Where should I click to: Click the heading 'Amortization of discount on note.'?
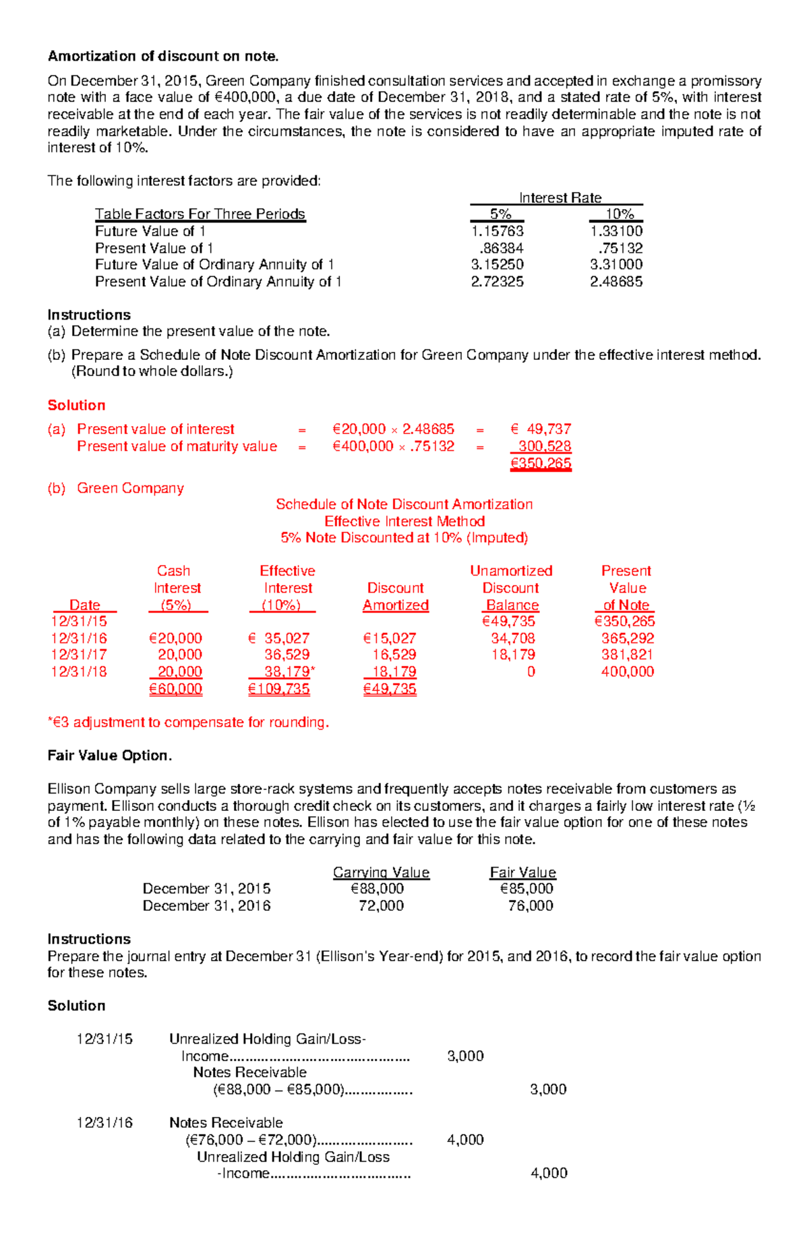pos(162,56)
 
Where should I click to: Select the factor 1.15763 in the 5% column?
pos(497,231)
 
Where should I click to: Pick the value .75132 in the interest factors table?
pos(620,248)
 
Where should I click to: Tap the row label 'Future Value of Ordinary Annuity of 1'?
pos(214,265)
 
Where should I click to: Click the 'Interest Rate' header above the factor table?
pos(560,198)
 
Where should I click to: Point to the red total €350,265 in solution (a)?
pos(541,463)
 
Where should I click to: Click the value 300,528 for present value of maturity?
pos(545,446)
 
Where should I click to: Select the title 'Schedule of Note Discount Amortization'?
pos(404,504)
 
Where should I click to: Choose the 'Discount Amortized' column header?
pos(396,597)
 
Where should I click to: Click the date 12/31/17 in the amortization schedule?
pos(79,655)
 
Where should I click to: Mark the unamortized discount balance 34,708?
pos(512,638)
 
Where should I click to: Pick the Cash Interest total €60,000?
pos(175,689)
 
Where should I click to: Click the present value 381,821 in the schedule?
pos(627,655)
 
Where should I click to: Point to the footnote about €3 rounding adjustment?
pos(188,722)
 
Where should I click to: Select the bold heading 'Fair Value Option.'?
pos(109,756)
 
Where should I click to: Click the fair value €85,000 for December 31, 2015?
pos(526,888)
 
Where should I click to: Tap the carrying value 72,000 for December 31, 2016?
pos(381,905)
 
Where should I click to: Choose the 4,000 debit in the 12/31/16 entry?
pos(465,1140)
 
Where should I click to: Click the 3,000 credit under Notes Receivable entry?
pos(548,1089)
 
